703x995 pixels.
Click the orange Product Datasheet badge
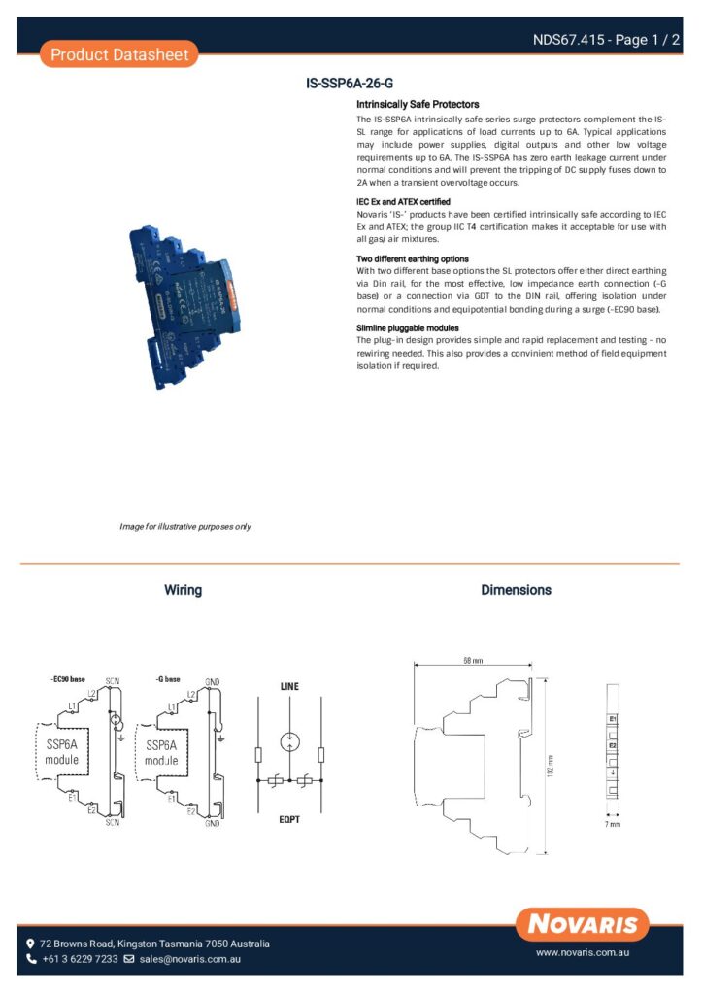[x=119, y=54]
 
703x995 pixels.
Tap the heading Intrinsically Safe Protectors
[x=418, y=104]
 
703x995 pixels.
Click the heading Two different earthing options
[x=413, y=259]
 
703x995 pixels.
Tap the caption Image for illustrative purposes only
[x=184, y=527]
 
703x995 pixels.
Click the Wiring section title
[x=183, y=590]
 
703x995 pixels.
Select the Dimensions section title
[x=516, y=590]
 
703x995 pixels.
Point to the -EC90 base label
[x=67, y=678]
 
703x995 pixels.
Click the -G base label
[x=168, y=678]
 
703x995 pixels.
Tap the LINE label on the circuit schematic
[x=289, y=686]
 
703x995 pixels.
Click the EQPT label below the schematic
[x=289, y=819]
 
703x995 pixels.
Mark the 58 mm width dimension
[x=473, y=661]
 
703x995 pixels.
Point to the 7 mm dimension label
[x=612, y=824]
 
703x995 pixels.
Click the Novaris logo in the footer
[x=583, y=923]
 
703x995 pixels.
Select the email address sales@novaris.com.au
[x=189, y=959]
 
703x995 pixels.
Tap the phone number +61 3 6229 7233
[x=80, y=959]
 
